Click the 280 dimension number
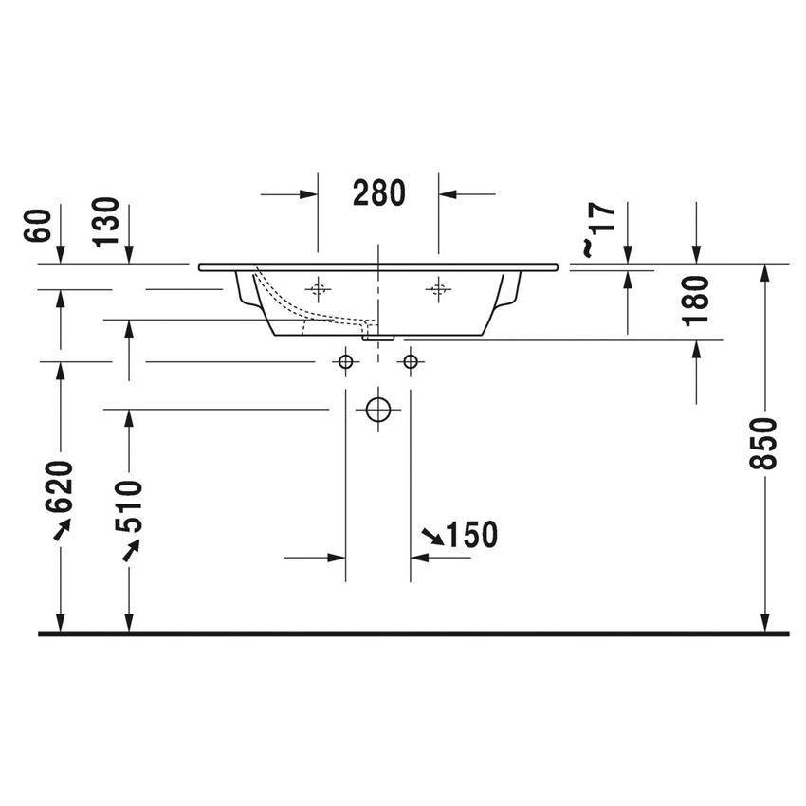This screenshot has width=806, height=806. pyautogui.click(x=379, y=192)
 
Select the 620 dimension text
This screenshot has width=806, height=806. pyautogui.click(x=60, y=485)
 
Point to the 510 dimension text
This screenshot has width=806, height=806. pyautogui.click(x=129, y=505)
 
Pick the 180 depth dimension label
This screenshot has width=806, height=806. pyautogui.click(x=697, y=301)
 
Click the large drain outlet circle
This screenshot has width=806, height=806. pyautogui.click(x=378, y=409)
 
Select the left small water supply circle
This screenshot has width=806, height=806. pyautogui.click(x=346, y=361)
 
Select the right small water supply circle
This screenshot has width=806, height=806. pyautogui.click(x=411, y=361)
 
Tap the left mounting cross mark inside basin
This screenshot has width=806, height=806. pyautogui.click(x=319, y=288)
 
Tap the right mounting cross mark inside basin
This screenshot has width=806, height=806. pyautogui.click(x=438, y=288)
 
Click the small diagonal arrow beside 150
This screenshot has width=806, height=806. pyautogui.click(x=431, y=538)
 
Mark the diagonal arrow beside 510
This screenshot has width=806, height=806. pyautogui.click(x=130, y=550)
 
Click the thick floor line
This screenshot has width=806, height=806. pyautogui.click(x=413, y=632)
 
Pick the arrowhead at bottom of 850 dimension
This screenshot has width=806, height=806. pyautogui.click(x=764, y=621)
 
